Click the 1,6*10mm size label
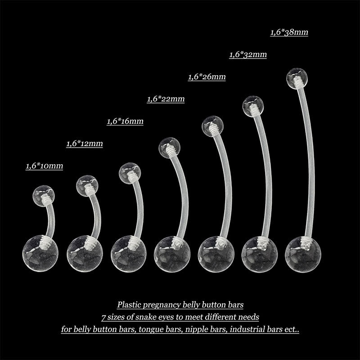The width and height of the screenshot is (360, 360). (x=44, y=166)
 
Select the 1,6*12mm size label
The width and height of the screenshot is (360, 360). (x=85, y=144)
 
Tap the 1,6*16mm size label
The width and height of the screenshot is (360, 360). (x=125, y=121)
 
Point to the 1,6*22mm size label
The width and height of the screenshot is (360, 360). (x=166, y=99)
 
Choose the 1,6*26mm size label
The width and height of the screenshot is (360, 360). (x=207, y=76)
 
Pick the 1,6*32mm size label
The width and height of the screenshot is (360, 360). (x=248, y=54)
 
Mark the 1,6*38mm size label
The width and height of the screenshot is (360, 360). (x=289, y=32)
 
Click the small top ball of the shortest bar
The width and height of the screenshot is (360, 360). (x=44, y=196)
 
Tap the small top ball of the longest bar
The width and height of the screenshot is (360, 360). (x=297, y=78)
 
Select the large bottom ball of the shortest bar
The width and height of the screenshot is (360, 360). (x=40, y=254)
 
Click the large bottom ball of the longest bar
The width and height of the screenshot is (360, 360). (x=303, y=255)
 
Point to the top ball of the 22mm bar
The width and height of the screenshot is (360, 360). (x=170, y=148)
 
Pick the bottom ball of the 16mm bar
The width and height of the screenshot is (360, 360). (x=129, y=254)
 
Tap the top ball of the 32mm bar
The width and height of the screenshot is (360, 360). (x=253, y=106)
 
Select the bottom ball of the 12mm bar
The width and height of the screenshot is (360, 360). (x=85, y=254)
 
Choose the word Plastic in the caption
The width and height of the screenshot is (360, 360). (x=127, y=305)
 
